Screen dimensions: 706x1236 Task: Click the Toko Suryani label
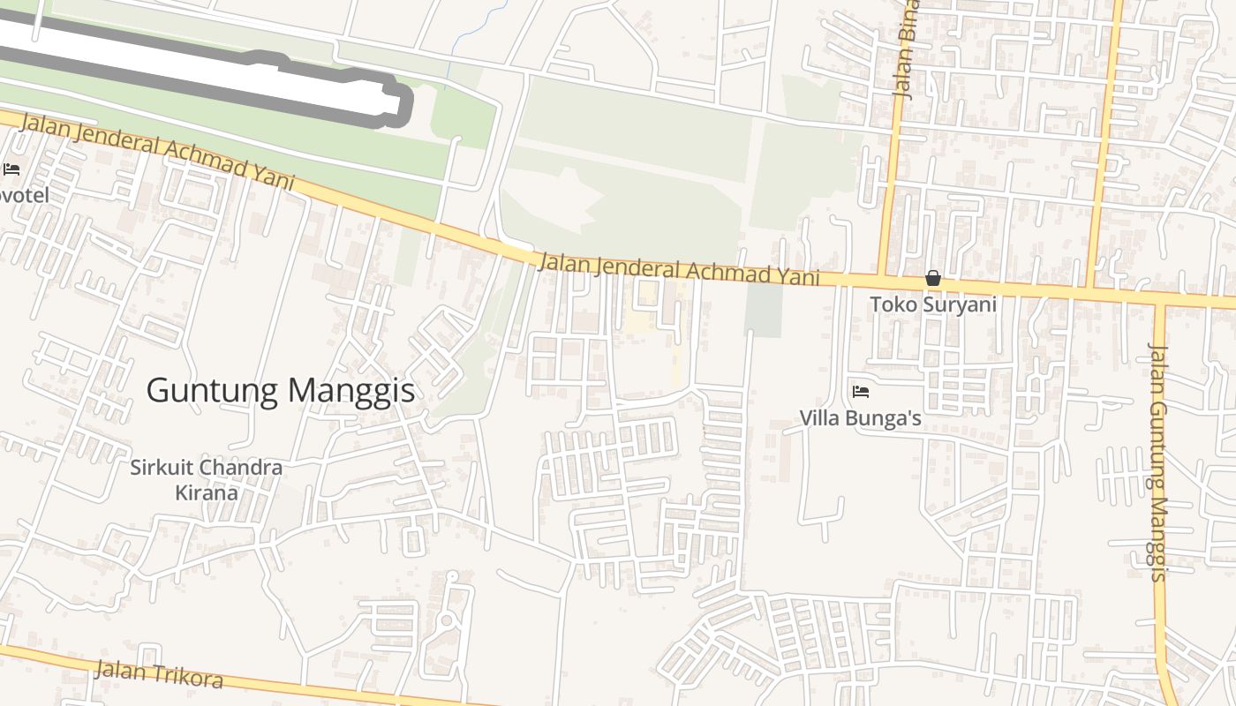(933, 304)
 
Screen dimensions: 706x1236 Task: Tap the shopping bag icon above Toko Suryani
(933, 279)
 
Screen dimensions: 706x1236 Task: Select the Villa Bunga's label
(861, 418)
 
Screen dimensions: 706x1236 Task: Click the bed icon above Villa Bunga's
(861, 391)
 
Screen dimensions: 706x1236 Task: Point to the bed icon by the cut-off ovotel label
(11, 169)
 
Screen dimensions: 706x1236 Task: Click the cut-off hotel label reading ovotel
(24, 194)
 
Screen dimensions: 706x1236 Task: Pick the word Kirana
(207, 492)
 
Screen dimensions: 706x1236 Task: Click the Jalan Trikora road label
(158, 675)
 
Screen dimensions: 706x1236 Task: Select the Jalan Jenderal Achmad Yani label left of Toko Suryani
(678, 271)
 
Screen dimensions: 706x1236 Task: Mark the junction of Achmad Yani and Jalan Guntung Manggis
(1159, 298)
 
